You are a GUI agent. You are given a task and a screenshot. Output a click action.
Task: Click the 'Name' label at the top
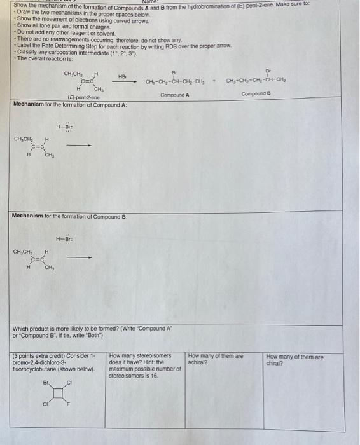point(151,3)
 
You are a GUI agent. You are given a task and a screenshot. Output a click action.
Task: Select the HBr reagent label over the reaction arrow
point(123,76)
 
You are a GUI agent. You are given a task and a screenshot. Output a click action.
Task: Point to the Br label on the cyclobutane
point(45,383)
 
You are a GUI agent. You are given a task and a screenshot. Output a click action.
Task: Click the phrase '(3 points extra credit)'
point(41,357)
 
